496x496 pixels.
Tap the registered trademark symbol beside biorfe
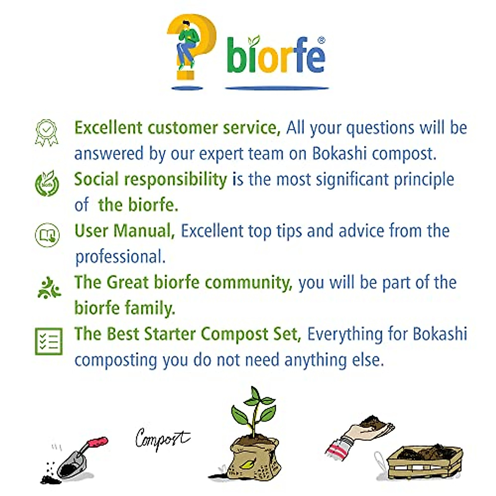(322, 40)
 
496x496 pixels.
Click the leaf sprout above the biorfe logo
(254, 41)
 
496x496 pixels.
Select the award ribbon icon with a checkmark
(47, 133)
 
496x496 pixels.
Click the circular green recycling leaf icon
(47, 183)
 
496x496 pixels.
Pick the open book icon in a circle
(47, 235)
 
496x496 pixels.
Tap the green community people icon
(49, 288)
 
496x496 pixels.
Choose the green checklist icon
(49, 341)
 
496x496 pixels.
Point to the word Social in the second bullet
(96, 179)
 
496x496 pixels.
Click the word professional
(120, 257)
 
